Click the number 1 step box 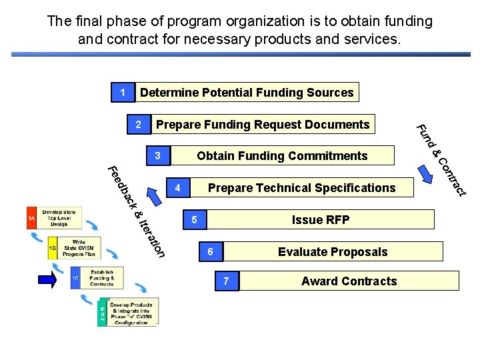[122, 92]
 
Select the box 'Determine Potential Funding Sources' [247, 92]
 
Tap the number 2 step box [138, 125]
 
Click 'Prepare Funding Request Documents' [263, 125]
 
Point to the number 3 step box [158, 156]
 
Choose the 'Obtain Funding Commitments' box [282, 156]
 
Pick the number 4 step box [177, 188]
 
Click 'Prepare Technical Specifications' [301, 188]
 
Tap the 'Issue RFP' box [320, 220]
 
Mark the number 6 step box [210, 251]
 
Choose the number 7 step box [227, 281]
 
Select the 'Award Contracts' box [349, 281]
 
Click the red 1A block [31, 218]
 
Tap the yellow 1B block [53, 248]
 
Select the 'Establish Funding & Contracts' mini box [101, 278]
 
